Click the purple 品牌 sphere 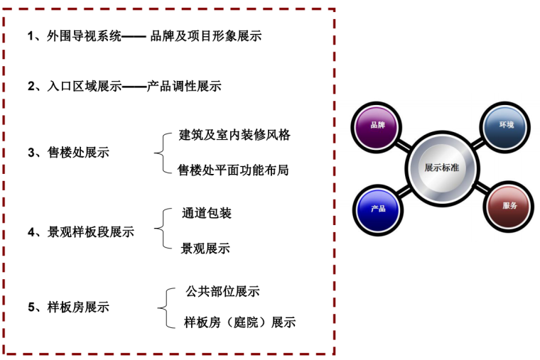point(377,126)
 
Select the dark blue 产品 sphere point(377,209)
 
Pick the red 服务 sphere point(509,207)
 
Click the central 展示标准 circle point(441,168)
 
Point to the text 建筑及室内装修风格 point(235,135)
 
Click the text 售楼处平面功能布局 point(234,170)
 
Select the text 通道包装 point(207,213)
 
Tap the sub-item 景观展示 point(205,249)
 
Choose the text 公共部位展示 point(222,291)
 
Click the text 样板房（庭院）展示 point(239,322)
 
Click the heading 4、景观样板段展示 point(80,231)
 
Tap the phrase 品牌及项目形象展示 point(206,36)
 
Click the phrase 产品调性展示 point(184,87)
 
